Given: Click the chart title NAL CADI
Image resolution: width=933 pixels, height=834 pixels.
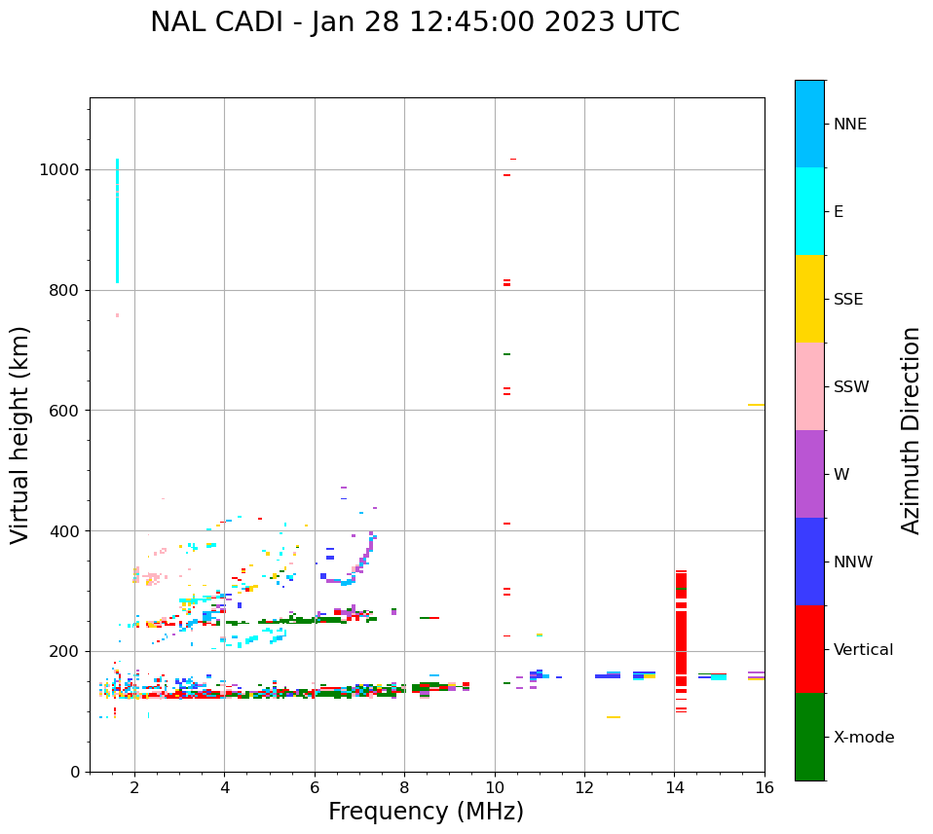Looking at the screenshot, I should click(415, 22).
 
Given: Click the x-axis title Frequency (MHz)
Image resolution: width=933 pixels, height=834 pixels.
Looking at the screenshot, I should click(426, 812).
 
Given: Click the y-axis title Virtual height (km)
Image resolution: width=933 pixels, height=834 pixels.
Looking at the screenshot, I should click(20, 434).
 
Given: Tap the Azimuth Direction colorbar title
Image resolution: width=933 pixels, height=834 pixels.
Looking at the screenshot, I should click(911, 430).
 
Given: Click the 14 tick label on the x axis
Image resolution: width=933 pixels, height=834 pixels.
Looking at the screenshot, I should click(674, 787).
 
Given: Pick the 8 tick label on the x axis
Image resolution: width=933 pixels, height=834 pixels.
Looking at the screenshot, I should click(404, 787).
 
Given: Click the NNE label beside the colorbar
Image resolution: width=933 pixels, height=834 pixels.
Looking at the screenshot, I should click(849, 125).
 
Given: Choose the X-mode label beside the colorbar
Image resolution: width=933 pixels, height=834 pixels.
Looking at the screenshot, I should click(863, 738).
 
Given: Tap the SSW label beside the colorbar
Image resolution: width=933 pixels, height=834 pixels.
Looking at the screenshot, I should click(851, 387).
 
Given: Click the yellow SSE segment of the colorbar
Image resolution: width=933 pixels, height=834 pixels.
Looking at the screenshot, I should click(809, 298).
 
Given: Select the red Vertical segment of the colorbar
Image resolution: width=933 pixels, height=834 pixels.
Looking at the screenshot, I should click(809, 648).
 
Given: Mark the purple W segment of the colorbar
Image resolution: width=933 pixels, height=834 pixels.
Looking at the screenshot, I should click(809, 473).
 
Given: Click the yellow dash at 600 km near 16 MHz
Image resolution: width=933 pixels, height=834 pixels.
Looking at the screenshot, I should click(756, 405).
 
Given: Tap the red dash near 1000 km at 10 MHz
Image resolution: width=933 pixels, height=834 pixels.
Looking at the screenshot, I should click(506, 175).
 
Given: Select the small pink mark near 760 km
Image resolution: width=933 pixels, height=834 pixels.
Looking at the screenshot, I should click(117, 315).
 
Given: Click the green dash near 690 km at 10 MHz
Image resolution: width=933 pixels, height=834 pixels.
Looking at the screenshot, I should click(506, 354).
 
